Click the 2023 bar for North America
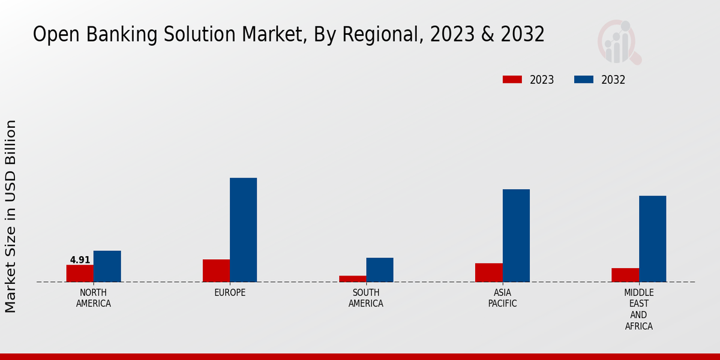[80, 273]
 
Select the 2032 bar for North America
[107, 266]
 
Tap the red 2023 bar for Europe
[216, 270]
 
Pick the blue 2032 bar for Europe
[243, 229]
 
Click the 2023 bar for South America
[352, 278]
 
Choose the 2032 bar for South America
[380, 269]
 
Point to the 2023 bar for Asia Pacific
[488, 272]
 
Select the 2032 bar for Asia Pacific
[516, 235]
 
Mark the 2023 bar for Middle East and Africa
[625, 275]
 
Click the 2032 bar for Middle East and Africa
[652, 238]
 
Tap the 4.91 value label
[80, 260]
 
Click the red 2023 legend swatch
[512, 80]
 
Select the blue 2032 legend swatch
[583, 80]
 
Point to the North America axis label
[94, 298]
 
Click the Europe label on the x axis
[230, 292]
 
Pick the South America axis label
[366, 298]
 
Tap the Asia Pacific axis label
[502, 298]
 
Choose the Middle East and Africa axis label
[638, 309]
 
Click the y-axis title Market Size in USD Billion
[11, 216]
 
